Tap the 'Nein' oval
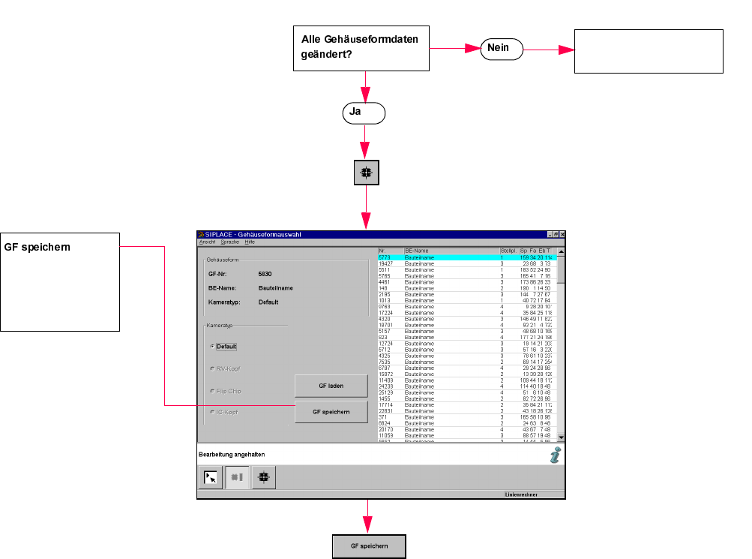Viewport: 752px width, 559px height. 501,48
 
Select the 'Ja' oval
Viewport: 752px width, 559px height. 364,113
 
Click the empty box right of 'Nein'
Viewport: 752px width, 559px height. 649,51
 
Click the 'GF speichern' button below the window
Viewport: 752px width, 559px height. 369,546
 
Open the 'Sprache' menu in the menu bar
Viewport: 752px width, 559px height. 229,242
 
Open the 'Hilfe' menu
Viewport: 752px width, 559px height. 250,242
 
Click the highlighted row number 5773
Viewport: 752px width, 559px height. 385,257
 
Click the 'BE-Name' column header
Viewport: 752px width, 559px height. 416,250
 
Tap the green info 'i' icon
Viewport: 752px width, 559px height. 554,455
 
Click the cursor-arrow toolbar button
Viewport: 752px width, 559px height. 211,476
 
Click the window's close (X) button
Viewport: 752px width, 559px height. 562,235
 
